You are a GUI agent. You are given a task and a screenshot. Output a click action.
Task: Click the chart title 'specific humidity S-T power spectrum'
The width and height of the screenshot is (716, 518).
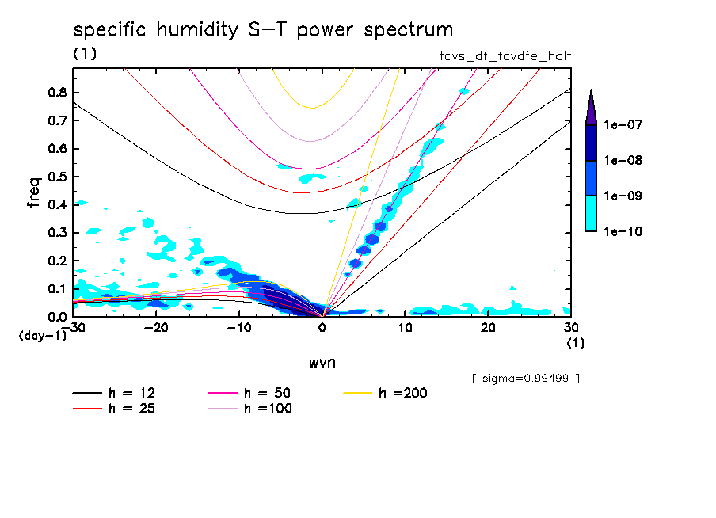point(263,30)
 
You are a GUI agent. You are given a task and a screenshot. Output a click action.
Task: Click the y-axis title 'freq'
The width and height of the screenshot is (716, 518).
point(34,192)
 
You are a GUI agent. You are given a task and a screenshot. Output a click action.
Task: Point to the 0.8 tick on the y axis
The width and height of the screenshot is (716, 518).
point(57,92)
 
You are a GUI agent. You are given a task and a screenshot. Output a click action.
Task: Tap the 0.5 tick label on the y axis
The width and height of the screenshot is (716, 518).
point(57,177)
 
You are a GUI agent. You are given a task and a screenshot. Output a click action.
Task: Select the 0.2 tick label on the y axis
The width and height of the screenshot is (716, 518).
point(57,261)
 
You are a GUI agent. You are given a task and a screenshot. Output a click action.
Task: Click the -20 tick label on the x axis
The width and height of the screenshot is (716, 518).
point(156,328)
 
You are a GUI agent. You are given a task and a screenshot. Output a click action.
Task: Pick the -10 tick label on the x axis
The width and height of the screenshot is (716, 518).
point(238,328)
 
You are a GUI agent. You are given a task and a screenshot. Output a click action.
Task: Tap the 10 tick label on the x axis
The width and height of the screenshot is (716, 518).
point(405,328)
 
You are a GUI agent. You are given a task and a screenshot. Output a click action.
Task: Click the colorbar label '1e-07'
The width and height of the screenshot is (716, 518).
point(624,125)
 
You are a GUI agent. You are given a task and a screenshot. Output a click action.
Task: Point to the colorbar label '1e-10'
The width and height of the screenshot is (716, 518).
point(624,231)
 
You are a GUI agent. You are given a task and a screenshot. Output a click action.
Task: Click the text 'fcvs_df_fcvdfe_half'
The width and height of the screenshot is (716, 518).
point(505,55)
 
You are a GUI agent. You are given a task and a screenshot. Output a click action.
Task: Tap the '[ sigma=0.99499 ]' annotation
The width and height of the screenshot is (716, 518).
point(525,378)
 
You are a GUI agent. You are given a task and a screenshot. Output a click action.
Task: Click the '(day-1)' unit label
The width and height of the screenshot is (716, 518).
point(43,336)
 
